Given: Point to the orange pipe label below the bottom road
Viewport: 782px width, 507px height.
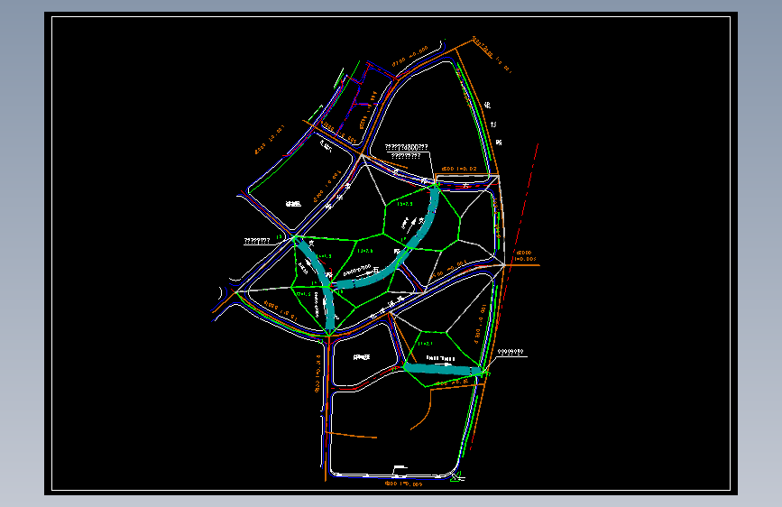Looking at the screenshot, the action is (x=403, y=484).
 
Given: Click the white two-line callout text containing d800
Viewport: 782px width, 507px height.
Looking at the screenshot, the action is (x=406, y=151).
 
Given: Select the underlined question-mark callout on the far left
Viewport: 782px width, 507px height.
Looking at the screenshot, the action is (x=258, y=241).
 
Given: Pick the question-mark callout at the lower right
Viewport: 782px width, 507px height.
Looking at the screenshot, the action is (x=510, y=351).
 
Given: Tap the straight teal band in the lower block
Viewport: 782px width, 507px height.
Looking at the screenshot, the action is (x=442, y=368).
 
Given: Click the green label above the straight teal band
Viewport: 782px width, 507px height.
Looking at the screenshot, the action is (x=426, y=343).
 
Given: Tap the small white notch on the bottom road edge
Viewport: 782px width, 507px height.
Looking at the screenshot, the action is (x=397, y=467).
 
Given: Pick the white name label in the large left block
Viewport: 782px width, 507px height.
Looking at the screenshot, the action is (x=292, y=205).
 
